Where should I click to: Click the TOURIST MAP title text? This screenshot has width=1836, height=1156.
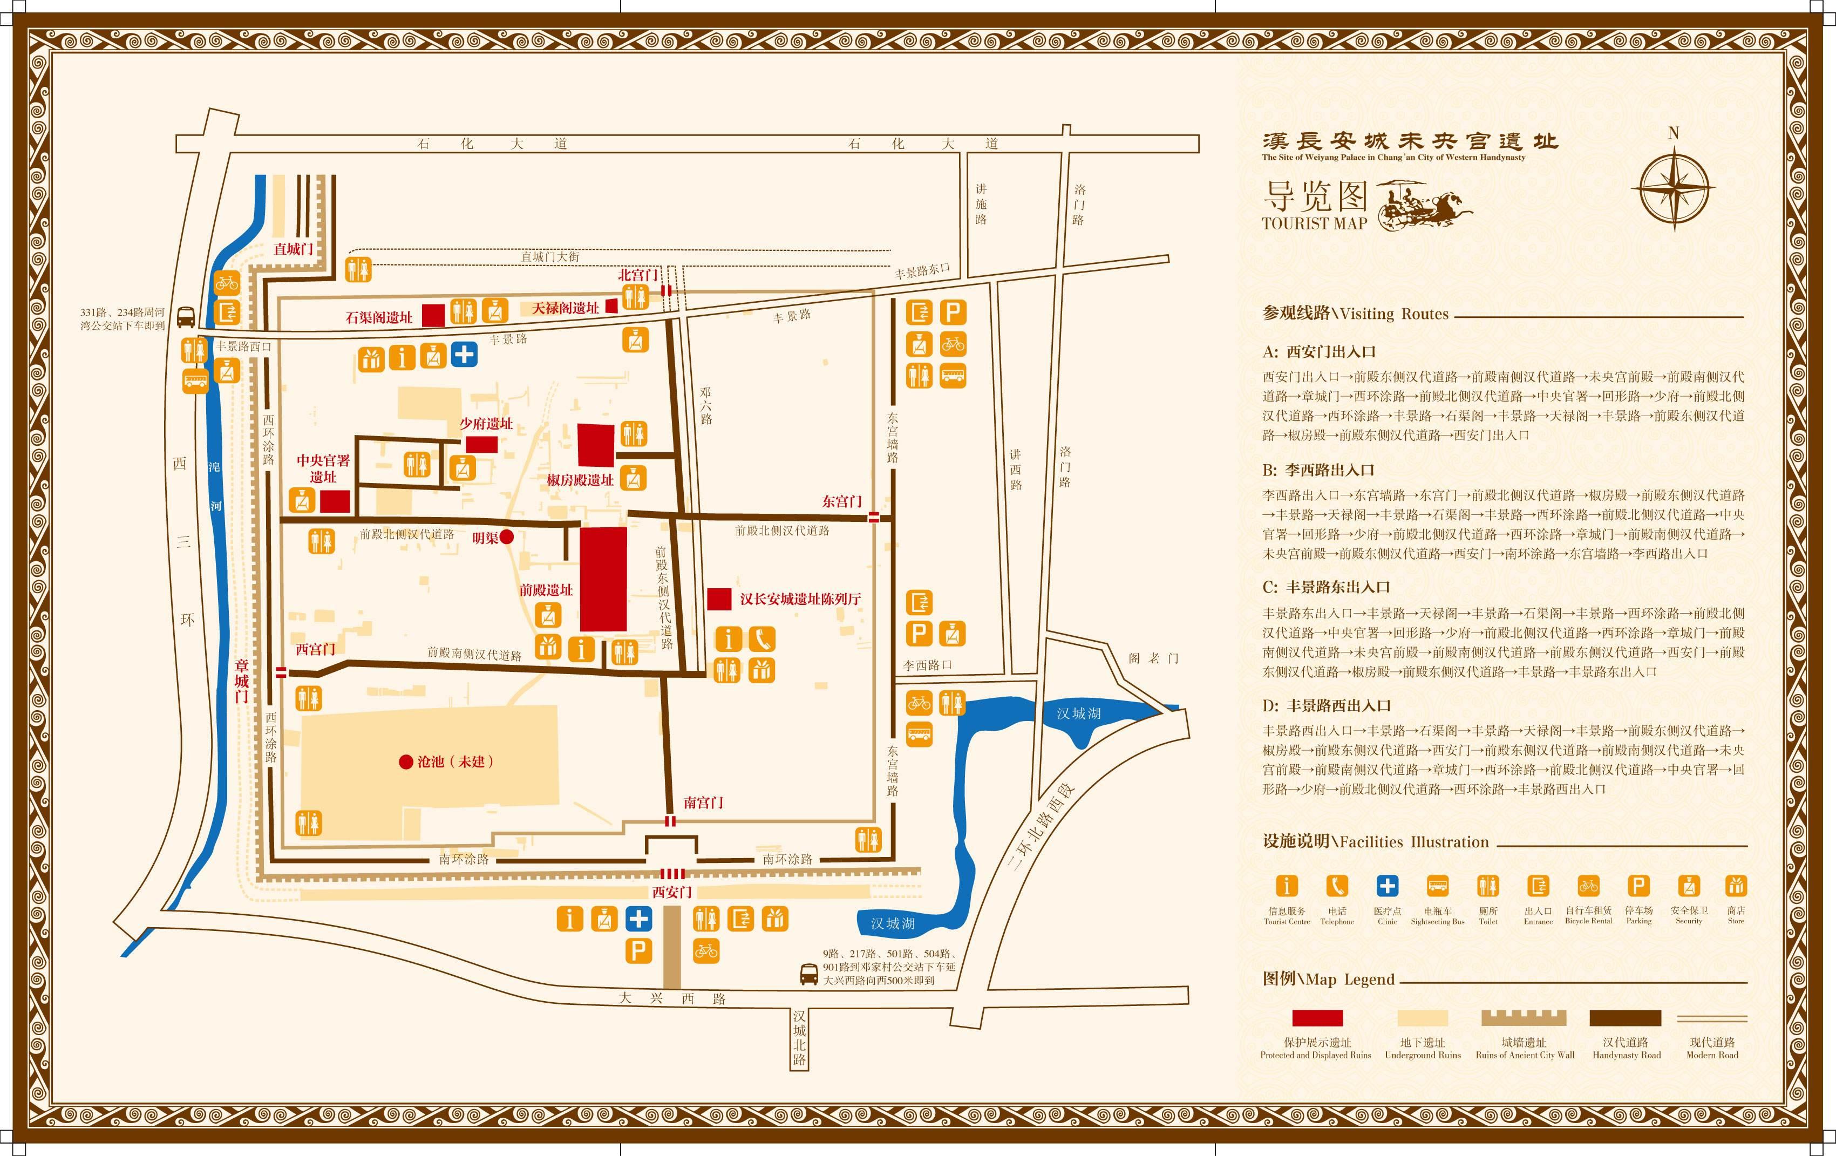(1315, 223)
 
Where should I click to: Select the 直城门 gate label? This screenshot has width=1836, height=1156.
(294, 249)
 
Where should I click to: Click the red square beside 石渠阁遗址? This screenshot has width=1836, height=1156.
(433, 316)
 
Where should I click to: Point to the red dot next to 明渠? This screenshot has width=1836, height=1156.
(506, 538)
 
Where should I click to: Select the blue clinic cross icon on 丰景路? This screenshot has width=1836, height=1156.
(464, 355)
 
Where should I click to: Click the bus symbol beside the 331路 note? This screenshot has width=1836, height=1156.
(185, 317)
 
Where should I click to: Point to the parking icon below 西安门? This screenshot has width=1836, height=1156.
(638, 951)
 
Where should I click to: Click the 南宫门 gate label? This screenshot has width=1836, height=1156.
(702, 802)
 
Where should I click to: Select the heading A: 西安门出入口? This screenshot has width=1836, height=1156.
(1318, 351)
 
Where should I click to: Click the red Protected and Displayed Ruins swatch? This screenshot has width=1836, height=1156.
(1317, 1018)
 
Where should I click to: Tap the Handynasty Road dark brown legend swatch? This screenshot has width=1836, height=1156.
(1625, 1018)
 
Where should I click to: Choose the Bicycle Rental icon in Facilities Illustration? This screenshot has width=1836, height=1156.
(1588, 886)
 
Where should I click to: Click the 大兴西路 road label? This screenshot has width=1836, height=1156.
(671, 998)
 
